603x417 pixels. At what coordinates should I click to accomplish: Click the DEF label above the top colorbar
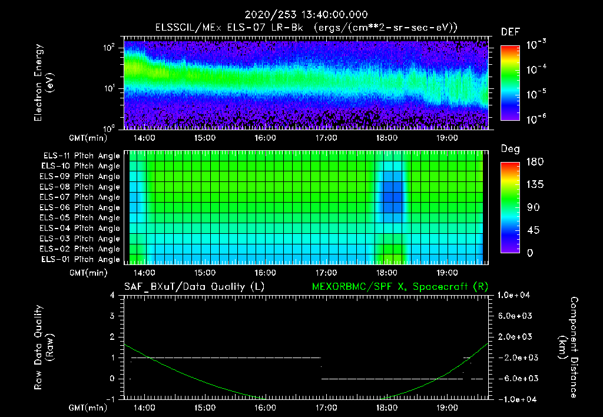tap(510, 32)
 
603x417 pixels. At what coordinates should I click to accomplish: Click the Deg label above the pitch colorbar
tap(510, 149)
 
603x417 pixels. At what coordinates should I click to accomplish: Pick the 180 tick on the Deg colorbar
tap(532, 161)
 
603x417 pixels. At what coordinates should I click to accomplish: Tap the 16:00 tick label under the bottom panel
tap(265, 408)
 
